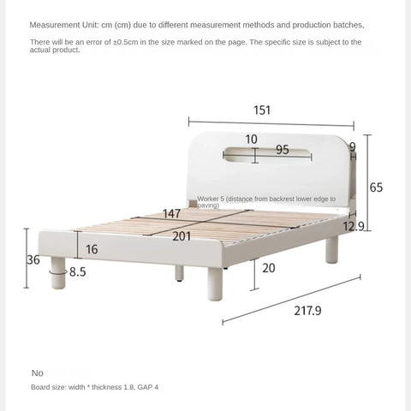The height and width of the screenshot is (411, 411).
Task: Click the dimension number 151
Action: (262, 110)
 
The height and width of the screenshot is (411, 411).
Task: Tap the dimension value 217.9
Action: (283, 311)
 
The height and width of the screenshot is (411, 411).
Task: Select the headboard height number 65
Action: (376, 188)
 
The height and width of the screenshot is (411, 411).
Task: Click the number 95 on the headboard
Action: (282, 151)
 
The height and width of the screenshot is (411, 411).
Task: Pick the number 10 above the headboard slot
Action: (251, 139)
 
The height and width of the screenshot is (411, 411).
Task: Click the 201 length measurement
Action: (182, 236)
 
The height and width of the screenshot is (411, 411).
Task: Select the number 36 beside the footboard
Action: (33, 259)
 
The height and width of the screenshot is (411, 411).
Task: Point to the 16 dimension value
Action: (91, 249)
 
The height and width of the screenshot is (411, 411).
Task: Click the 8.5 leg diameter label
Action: (77, 272)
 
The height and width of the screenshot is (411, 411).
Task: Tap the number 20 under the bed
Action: (267, 268)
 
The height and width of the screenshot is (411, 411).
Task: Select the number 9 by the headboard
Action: (352, 147)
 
